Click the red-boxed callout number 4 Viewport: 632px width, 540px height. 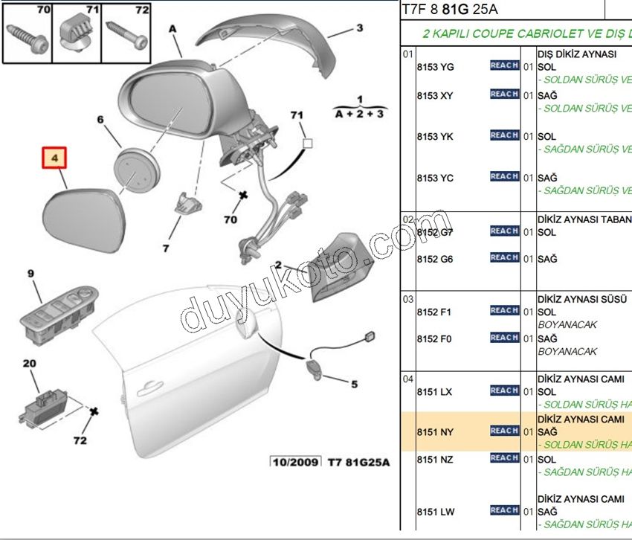coord(54,158)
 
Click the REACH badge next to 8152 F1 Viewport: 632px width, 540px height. coord(504,311)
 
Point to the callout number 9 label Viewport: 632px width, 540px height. coord(31,274)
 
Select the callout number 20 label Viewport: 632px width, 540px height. coord(29,364)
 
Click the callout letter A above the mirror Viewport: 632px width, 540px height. coord(173,29)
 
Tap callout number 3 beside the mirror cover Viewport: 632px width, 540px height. coord(359,29)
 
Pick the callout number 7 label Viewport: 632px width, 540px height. coord(166,248)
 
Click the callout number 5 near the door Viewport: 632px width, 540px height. coord(354,385)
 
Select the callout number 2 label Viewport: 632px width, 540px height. coord(278,265)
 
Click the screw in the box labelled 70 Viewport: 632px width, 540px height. coord(28,36)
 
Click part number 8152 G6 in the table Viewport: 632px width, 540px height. coord(435,259)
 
